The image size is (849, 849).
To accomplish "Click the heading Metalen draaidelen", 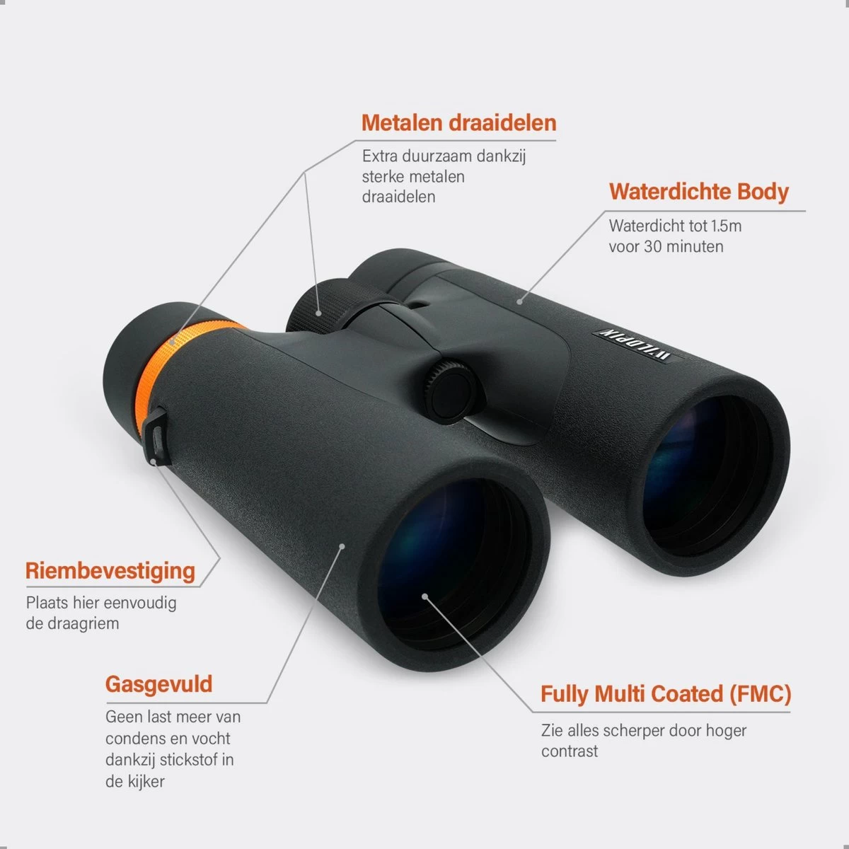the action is coord(458,122).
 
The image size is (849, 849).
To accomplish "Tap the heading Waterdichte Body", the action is coord(699,192).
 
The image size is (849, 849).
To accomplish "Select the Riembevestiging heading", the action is coord(110,572).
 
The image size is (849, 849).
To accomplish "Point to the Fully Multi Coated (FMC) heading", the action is coord(666,694).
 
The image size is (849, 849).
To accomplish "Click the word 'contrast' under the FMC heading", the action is coord(570,751).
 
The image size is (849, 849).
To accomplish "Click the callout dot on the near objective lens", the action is coord(424,596).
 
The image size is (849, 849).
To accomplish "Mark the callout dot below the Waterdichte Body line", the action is coord(520,302).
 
